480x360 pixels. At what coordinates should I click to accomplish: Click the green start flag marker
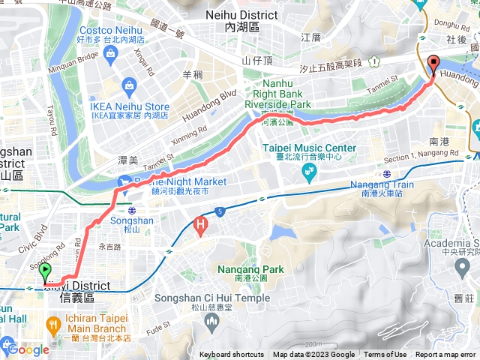[x=45, y=272]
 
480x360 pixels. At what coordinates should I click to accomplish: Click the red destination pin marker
[x=433, y=64]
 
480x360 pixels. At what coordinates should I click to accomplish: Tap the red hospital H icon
[x=200, y=223]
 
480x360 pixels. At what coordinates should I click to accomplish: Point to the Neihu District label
[x=232, y=19]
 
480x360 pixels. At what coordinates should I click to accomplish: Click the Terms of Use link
[x=385, y=355]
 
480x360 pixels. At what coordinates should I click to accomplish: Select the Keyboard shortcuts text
[x=232, y=355]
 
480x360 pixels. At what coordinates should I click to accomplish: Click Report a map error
[x=447, y=355]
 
